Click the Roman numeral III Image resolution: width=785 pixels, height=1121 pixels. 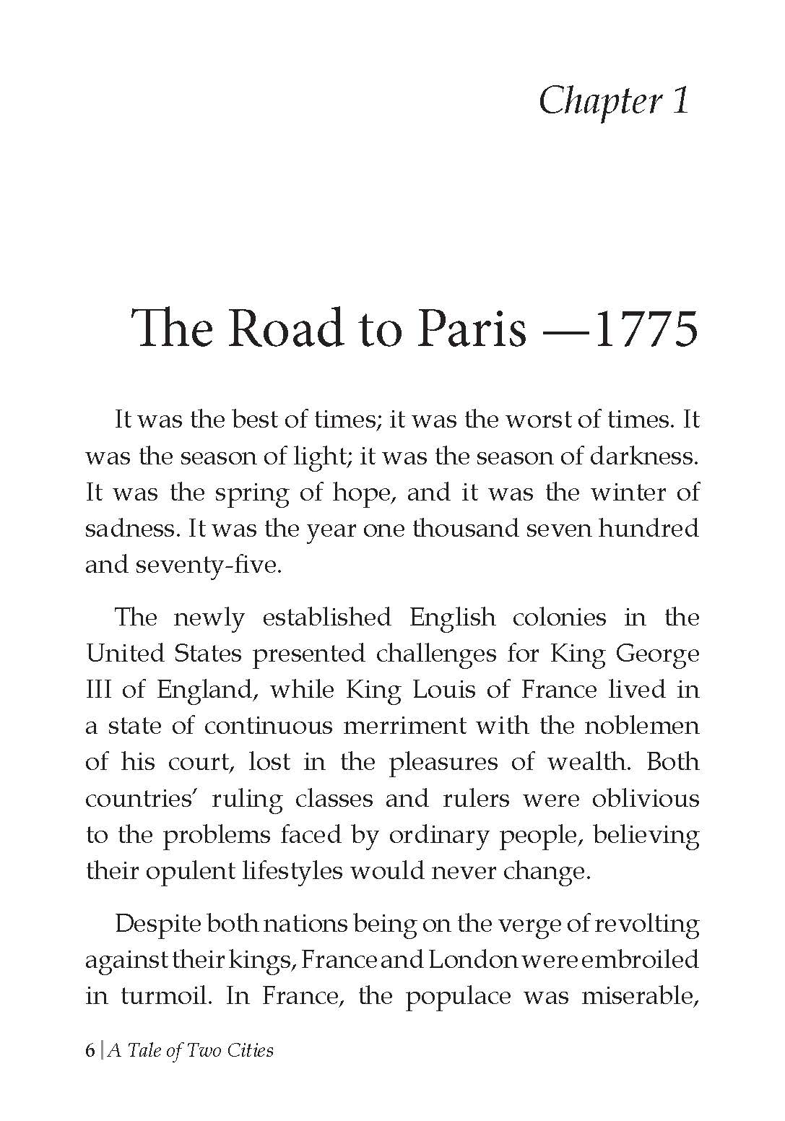[97, 690]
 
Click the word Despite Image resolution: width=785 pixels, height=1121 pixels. [157, 925]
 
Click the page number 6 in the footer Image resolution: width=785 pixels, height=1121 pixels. [90, 1050]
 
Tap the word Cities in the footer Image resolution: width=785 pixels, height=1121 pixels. [249, 1050]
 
